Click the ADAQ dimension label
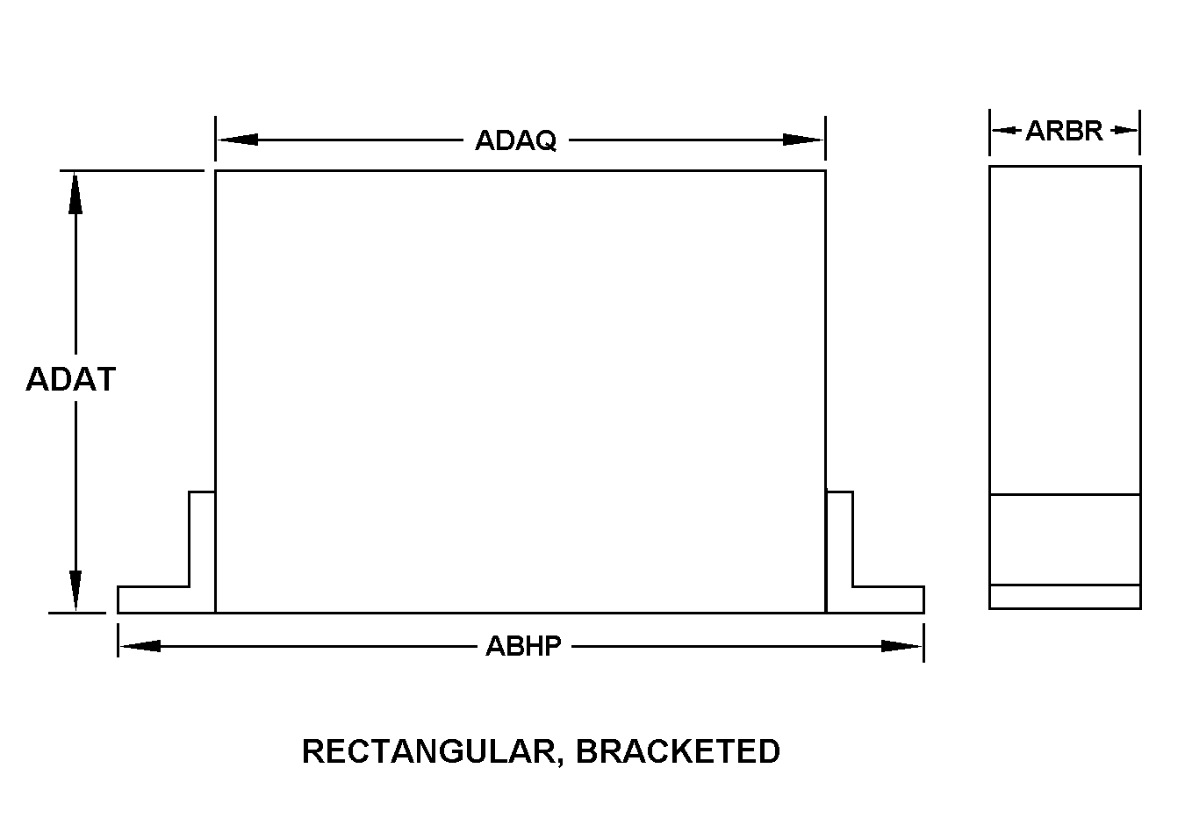[x=515, y=140]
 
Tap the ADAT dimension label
[x=71, y=379]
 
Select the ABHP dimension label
[x=523, y=646]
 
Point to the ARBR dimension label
[x=1064, y=131]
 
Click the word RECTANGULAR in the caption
[x=428, y=751]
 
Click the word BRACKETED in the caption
[x=678, y=751]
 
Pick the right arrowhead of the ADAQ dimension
[x=803, y=140]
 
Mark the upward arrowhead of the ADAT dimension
[x=75, y=192]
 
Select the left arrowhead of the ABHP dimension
[x=140, y=646]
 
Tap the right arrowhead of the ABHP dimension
[x=901, y=646]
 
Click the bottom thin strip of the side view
[x=1064, y=597]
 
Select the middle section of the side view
[x=1064, y=539]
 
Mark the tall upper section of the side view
[x=1064, y=329]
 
